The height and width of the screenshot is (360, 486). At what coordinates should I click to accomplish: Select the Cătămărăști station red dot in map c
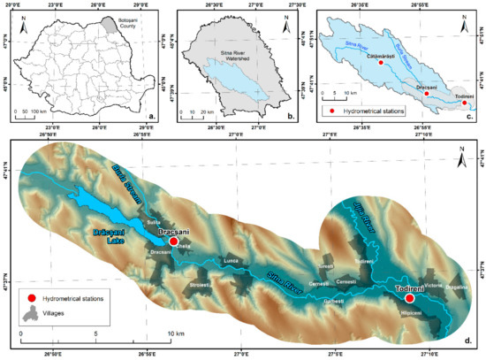(x=380, y=63)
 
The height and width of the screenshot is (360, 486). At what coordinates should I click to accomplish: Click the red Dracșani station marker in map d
(x=174, y=241)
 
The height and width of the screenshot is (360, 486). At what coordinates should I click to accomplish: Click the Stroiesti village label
(x=202, y=285)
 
